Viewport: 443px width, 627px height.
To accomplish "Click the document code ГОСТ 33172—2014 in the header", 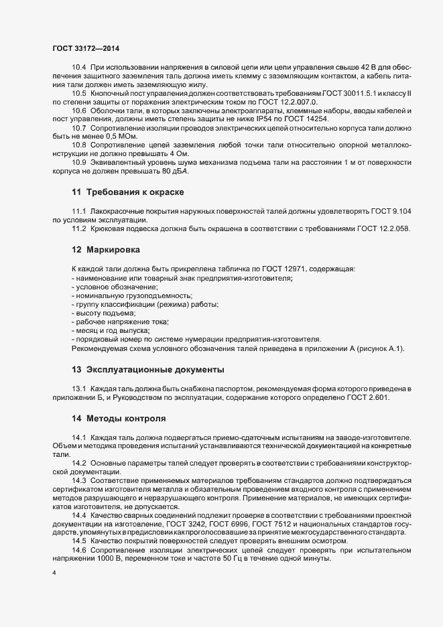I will (x=81, y=48).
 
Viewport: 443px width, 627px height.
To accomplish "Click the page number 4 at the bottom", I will (x=54, y=573).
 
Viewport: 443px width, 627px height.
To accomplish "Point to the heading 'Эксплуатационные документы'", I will (x=155, y=369).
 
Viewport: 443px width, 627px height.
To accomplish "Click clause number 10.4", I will (x=79, y=68).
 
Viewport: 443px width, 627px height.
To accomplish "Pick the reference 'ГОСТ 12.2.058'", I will (x=384, y=229).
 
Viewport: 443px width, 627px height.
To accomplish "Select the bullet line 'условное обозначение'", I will (x=106, y=286).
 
